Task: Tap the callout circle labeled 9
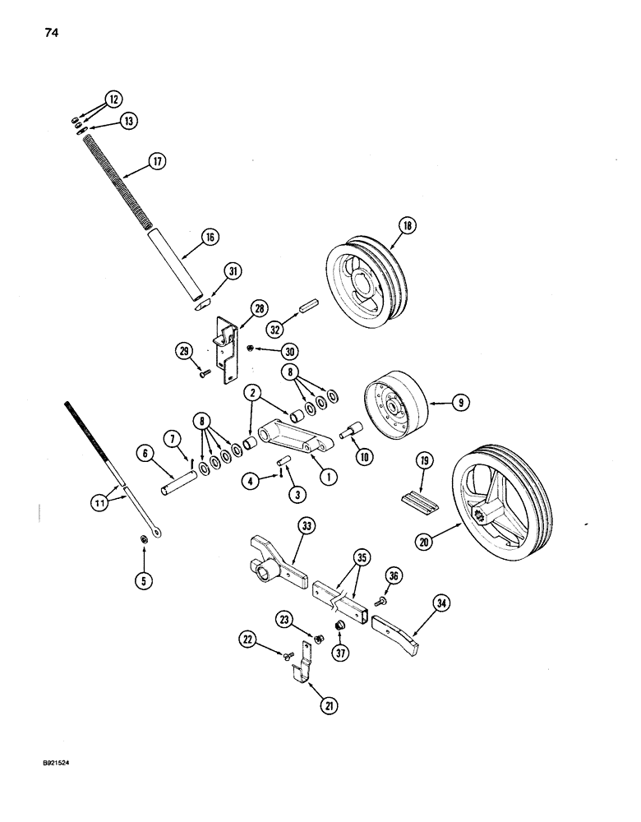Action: (x=461, y=404)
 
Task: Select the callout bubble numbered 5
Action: (x=144, y=580)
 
